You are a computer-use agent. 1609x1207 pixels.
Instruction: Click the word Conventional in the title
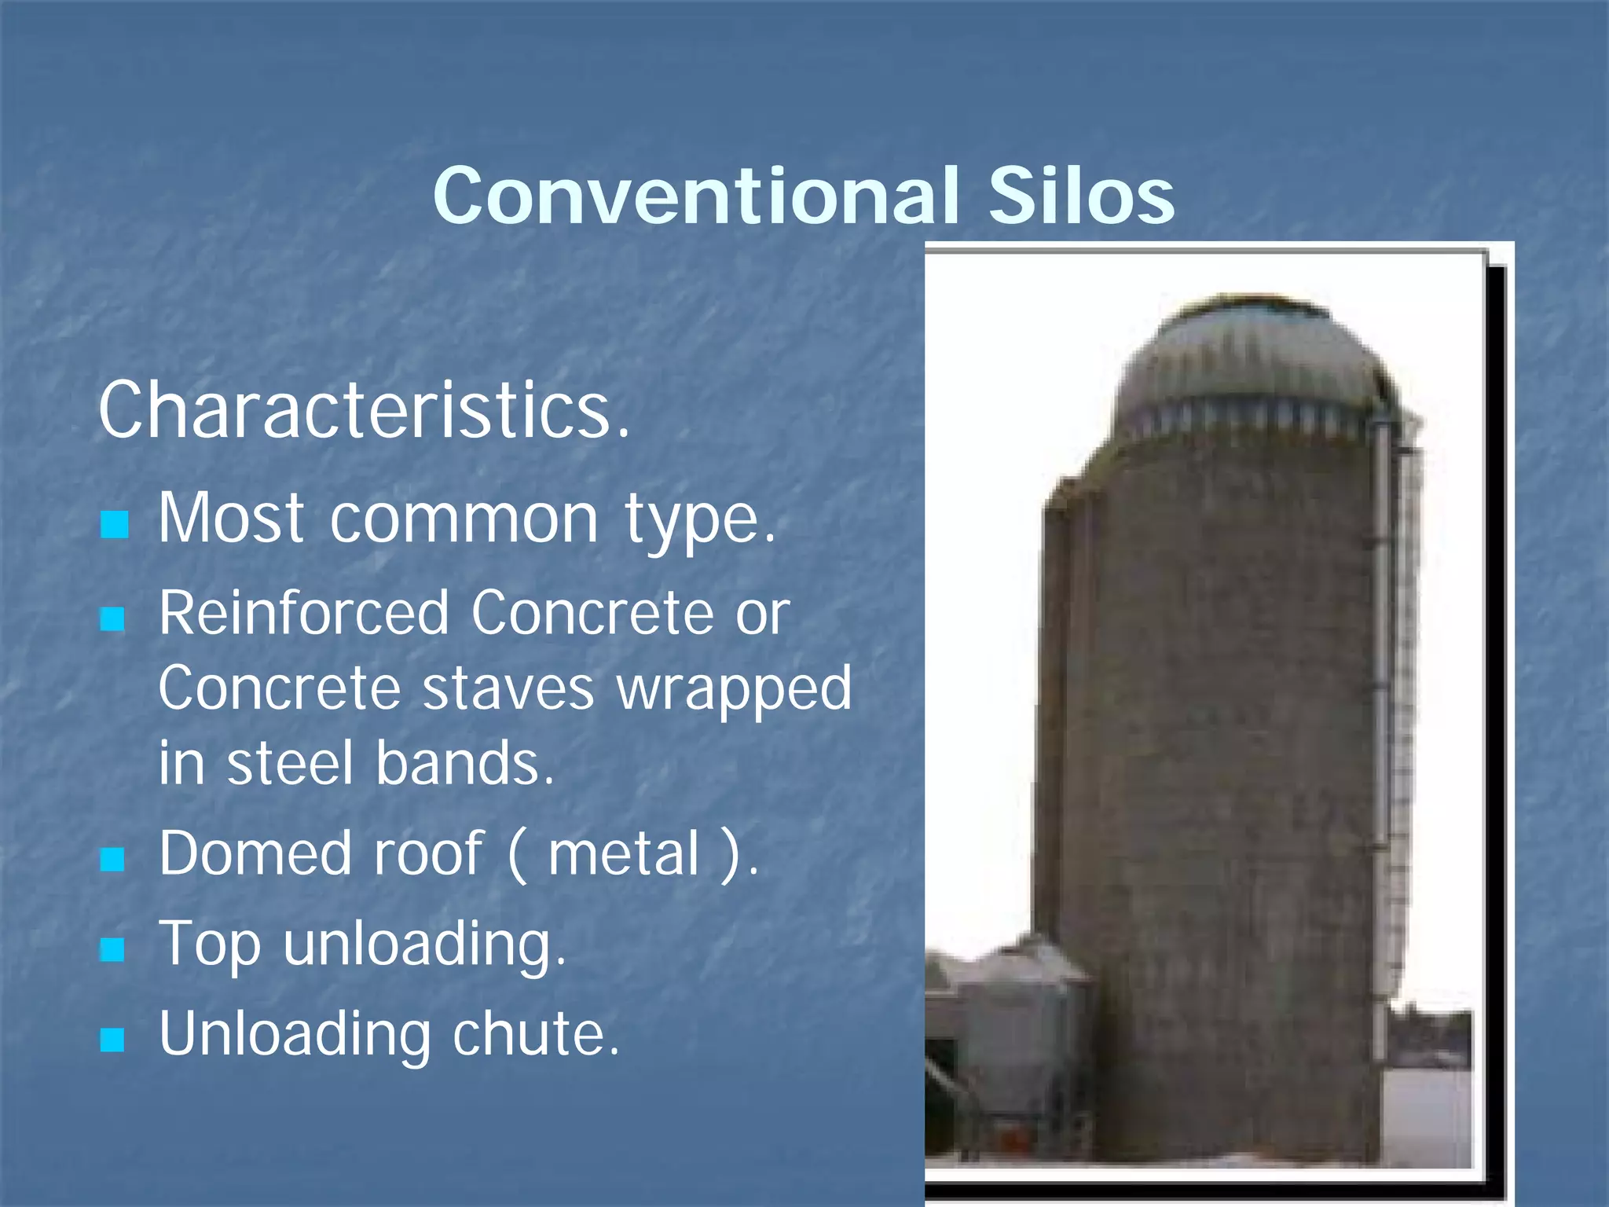tap(696, 195)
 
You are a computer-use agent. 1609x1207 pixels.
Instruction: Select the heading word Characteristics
tap(364, 410)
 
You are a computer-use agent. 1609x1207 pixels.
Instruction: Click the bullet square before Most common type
tap(115, 524)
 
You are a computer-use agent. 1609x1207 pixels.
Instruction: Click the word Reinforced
tap(303, 613)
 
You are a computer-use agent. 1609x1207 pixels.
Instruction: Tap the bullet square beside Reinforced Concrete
tap(114, 619)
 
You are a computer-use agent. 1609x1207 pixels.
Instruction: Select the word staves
tap(508, 688)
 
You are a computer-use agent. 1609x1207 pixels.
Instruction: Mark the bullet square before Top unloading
tap(114, 949)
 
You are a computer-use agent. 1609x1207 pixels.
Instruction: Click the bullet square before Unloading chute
tap(114, 1040)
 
